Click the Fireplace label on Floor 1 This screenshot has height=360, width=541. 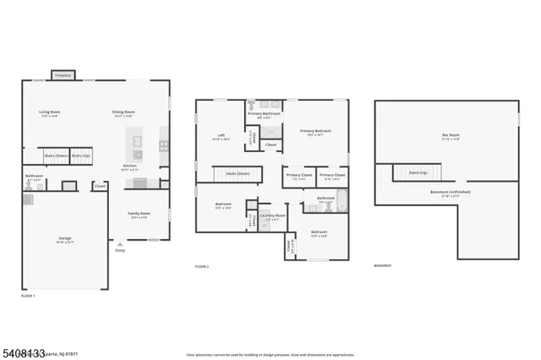pos(63,75)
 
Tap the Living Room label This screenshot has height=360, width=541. pos(49,113)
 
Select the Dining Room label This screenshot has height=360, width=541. pos(123,113)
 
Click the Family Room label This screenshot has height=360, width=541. pos(139,215)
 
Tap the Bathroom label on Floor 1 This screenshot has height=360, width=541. pos(34,177)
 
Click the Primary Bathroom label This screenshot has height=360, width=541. pos(264,114)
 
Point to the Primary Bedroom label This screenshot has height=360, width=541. pos(316,132)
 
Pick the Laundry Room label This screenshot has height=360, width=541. pos(272,216)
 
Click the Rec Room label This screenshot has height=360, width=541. pos(451,136)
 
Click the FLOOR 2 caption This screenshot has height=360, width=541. pos(202,266)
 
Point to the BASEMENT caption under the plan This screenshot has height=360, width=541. pos(384,266)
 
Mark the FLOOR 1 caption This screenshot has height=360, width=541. pos(29,296)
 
